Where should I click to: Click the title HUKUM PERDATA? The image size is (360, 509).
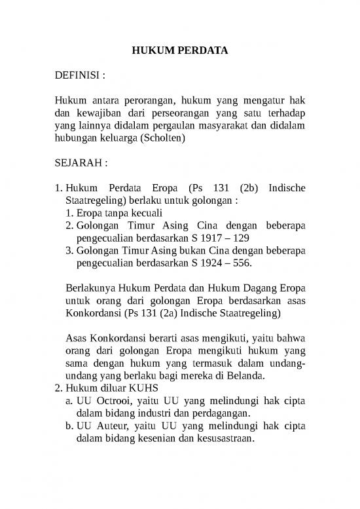pos(179,50)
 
